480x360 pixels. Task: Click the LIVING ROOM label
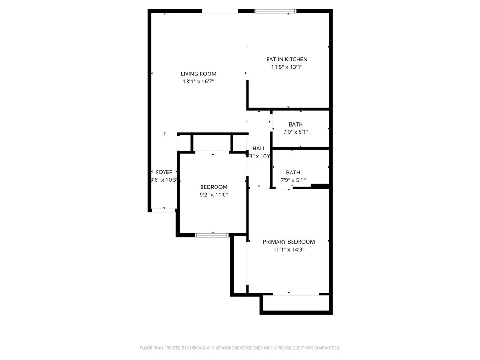199,74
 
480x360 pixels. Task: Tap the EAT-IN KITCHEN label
286,59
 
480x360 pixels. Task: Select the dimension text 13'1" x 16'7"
199,82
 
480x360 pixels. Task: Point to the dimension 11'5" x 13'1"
286,67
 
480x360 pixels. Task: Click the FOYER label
164,172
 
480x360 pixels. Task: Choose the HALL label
259,149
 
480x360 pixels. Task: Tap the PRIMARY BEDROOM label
288,242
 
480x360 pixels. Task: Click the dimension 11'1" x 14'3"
288,250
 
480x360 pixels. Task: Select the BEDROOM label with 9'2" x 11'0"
213,187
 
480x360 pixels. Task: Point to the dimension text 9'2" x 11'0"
213,195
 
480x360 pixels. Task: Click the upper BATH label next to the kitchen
295,124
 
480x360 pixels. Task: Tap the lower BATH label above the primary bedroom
293,172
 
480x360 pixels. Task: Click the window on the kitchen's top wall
275,11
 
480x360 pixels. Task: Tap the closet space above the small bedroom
212,142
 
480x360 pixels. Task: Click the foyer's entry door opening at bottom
164,210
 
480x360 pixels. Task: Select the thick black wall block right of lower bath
320,186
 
